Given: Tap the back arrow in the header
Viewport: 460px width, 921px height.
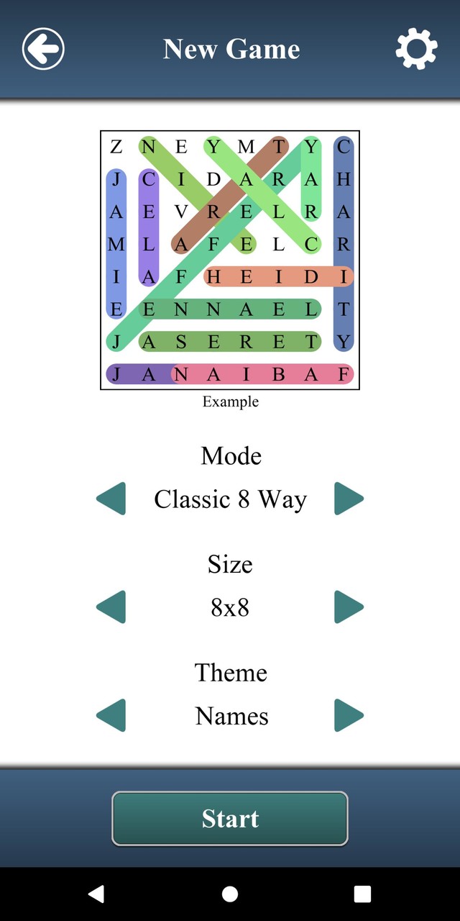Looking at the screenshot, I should coord(43,49).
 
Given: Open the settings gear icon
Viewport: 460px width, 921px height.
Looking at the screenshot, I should coord(416,49).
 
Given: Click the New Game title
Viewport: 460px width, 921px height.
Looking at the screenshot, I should coord(231,49).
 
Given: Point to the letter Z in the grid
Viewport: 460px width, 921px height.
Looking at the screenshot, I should coord(116,148).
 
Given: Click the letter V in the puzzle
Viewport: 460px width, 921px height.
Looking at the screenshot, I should coord(181,212).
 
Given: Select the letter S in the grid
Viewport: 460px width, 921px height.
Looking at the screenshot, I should coord(181,342).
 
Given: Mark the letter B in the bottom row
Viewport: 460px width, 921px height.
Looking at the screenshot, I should coord(278,374).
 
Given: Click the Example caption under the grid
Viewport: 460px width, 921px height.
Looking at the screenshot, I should coord(230,401).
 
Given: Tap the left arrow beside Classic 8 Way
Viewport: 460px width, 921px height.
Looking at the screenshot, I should coord(111,499).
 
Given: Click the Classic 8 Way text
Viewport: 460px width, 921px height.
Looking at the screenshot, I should coord(230,499).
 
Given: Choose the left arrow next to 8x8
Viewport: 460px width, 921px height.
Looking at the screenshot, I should coord(111,607).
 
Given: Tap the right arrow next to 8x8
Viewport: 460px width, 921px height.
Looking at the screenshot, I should coord(349,607).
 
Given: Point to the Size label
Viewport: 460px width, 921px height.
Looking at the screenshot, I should coord(230,564).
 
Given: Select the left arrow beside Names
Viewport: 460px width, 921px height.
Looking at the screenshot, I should coord(111,716).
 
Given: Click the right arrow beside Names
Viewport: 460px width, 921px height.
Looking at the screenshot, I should coord(349,716).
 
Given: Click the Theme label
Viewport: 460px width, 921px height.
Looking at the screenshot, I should coord(231,673).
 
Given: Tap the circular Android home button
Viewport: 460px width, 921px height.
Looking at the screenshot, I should coord(230,894).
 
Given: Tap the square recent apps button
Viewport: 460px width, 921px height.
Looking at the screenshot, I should coord(363,894).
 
